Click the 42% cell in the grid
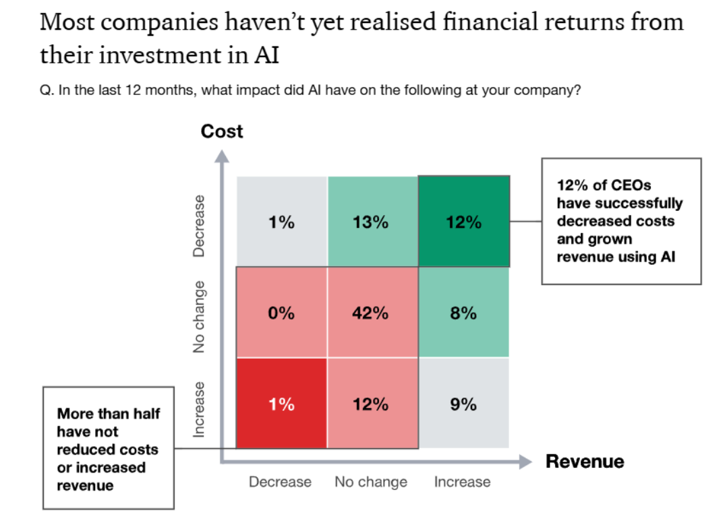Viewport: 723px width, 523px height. click(371, 313)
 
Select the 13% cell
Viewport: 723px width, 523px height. click(371, 222)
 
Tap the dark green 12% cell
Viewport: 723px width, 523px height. click(463, 222)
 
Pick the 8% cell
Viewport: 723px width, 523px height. click(463, 313)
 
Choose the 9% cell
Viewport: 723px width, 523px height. click(463, 404)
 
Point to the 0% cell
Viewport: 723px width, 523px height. click(281, 313)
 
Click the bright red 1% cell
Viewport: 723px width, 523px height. click(281, 404)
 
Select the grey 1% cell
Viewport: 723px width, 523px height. click(281, 222)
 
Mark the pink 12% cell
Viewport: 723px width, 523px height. click(371, 404)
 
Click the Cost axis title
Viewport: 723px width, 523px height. click(222, 131)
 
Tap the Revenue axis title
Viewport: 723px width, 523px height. click(585, 462)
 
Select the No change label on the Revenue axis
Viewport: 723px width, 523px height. click(371, 482)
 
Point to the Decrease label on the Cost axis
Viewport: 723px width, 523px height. click(199, 226)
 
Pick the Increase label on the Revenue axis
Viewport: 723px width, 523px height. click(462, 482)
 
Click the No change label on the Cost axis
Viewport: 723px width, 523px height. click(199, 316)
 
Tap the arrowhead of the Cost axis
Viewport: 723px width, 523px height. click(222, 156)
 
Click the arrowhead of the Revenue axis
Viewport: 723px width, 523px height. click(525, 462)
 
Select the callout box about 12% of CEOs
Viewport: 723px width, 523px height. click(621, 221)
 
